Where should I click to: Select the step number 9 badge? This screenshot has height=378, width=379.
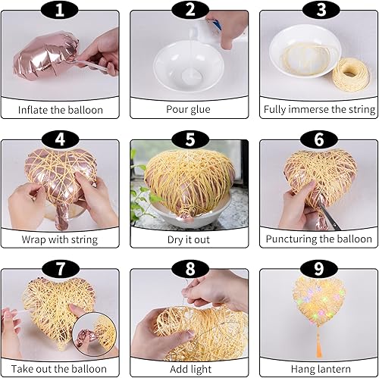click(318, 270)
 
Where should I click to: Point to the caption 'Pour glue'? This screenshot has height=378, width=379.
click(189, 109)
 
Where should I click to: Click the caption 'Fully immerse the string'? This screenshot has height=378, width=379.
click(319, 109)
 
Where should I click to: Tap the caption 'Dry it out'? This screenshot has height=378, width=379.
click(189, 239)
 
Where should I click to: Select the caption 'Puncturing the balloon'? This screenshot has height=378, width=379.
click(319, 239)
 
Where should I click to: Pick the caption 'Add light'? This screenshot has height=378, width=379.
click(189, 368)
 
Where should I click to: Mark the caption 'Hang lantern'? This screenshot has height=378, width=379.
click(319, 368)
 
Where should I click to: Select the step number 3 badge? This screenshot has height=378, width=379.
click(318, 10)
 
